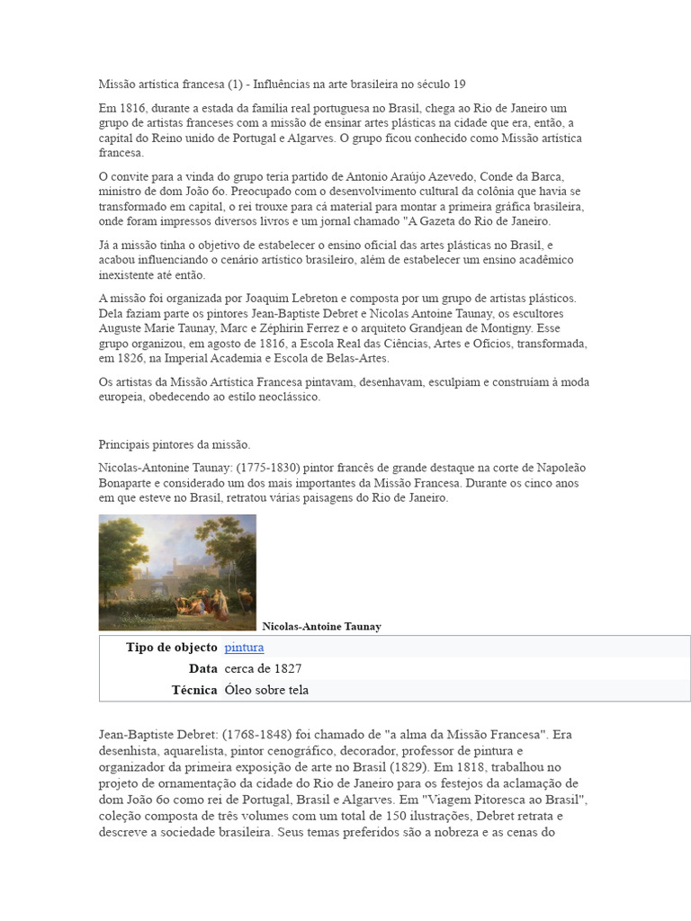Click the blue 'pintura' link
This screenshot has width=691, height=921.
tap(244, 648)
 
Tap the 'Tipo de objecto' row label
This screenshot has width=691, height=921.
tap(171, 648)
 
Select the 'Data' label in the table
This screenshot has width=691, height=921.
tap(202, 669)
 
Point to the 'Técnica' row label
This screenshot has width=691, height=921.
tap(193, 690)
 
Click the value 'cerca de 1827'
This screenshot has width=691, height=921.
tap(263, 669)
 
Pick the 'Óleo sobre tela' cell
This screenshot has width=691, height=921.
tap(266, 690)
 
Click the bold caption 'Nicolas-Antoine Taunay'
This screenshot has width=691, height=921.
tap(321, 627)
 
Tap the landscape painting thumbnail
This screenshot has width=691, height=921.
tap(177, 572)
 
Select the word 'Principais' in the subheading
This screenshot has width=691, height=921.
tap(125, 444)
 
